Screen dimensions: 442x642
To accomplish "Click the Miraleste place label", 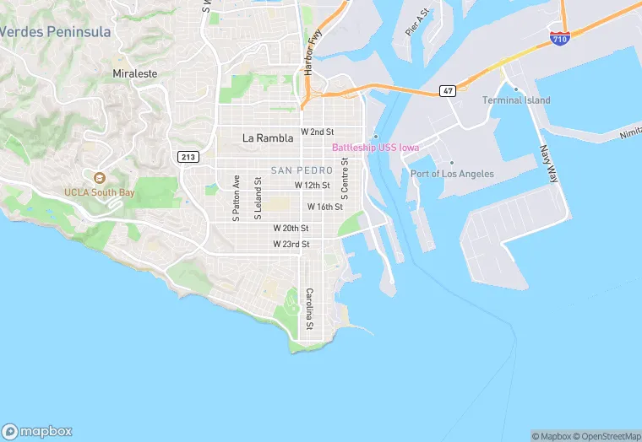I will tap(135, 73).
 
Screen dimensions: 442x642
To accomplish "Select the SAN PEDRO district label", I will tap(302, 170).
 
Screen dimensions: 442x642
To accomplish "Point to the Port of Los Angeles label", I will tap(452, 174).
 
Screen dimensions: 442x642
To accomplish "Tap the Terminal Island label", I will tap(516, 100).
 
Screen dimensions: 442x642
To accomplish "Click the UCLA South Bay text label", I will tap(100, 191).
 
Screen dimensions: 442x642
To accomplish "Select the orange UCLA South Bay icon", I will tap(100, 178).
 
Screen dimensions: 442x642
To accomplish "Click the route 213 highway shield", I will tap(188, 156).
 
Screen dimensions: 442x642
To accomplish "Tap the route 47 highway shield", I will tap(448, 90).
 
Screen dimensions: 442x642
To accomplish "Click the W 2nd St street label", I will tap(318, 132).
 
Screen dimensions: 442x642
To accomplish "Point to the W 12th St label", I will tap(312, 185).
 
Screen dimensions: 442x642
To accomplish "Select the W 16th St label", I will tap(324, 207).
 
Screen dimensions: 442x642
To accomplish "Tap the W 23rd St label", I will tap(291, 244).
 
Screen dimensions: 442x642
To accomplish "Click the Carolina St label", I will tap(309, 309).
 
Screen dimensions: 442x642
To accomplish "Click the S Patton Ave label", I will tap(237, 198).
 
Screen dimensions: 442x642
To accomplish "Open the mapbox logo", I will tap(37, 431).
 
